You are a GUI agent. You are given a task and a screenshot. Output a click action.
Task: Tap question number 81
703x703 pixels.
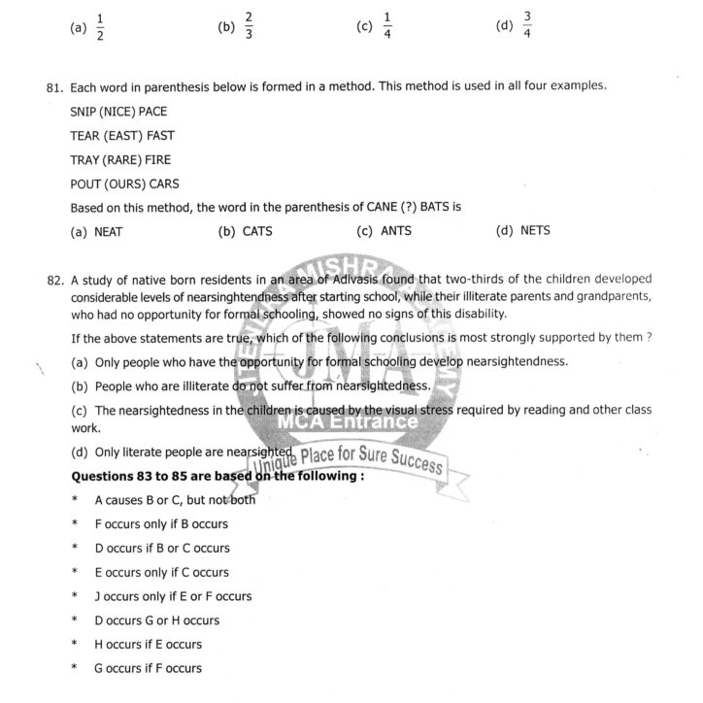click(x=54, y=87)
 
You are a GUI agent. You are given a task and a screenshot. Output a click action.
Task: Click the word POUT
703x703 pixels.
click(x=86, y=184)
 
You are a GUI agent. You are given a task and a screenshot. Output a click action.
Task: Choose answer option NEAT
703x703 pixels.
click(x=109, y=232)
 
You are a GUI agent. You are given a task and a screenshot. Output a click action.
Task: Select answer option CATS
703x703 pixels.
click(x=257, y=232)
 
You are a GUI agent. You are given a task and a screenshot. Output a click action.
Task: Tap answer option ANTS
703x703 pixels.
click(x=396, y=232)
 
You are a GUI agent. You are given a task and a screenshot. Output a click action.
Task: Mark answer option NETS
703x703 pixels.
click(x=535, y=232)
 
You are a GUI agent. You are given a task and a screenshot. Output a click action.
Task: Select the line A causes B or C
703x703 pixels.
click(x=175, y=500)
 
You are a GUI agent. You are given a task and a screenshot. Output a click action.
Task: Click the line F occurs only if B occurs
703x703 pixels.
click(x=161, y=524)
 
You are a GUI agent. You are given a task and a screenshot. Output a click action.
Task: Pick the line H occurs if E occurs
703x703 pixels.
click(x=148, y=645)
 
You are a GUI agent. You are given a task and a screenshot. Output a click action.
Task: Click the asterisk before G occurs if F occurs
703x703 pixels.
click(x=75, y=668)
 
